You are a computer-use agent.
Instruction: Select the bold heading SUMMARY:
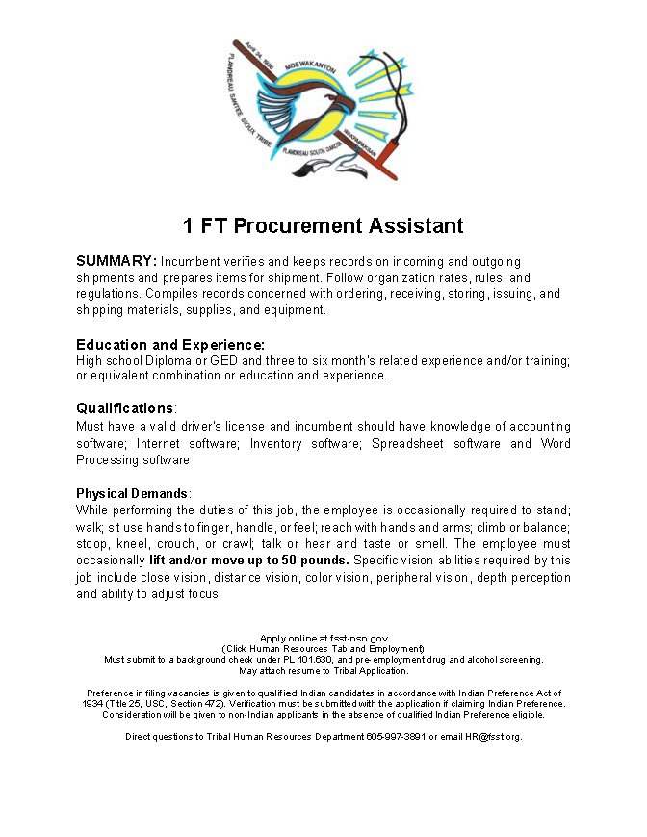116,261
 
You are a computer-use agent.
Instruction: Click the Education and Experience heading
170,344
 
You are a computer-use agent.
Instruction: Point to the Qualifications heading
125,408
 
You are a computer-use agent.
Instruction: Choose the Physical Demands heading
133,492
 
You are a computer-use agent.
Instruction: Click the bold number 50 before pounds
289,560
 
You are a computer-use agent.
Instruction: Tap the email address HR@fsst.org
493,737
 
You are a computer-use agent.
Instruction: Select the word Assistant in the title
416,226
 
